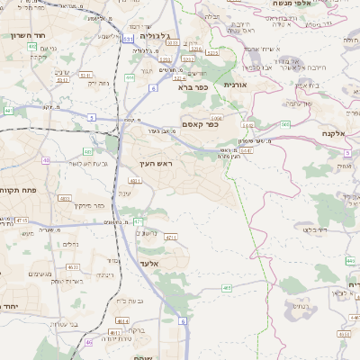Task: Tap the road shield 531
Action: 129,40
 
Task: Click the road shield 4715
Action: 22,219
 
